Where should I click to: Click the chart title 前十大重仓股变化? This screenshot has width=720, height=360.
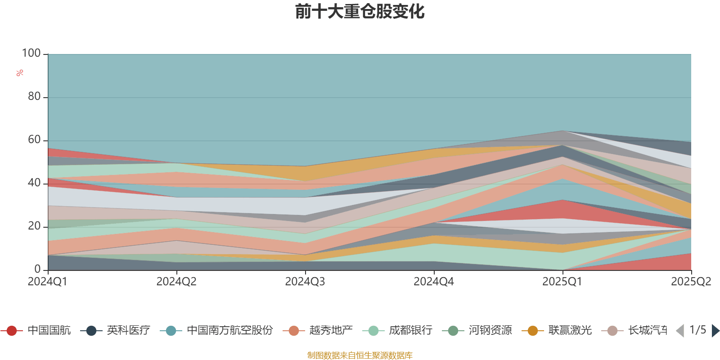click(x=360, y=12)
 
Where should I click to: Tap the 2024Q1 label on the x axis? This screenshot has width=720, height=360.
click(x=47, y=282)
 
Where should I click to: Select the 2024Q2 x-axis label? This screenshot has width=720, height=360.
click(x=176, y=282)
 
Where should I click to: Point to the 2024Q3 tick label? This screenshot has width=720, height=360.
click(x=305, y=282)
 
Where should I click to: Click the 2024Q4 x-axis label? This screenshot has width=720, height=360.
click(x=434, y=282)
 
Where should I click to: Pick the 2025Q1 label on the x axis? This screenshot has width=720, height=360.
click(x=562, y=282)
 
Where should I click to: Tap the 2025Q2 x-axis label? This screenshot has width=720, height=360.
click(x=691, y=282)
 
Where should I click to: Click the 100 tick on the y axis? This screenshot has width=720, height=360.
click(x=31, y=54)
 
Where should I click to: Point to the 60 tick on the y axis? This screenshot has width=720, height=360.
click(x=34, y=140)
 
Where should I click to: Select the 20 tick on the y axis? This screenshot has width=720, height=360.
click(x=34, y=226)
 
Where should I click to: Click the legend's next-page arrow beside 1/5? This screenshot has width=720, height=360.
click(x=715, y=331)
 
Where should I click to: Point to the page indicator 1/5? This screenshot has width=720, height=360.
click(x=697, y=330)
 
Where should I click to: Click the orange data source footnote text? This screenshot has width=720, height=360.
click(x=360, y=355)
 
